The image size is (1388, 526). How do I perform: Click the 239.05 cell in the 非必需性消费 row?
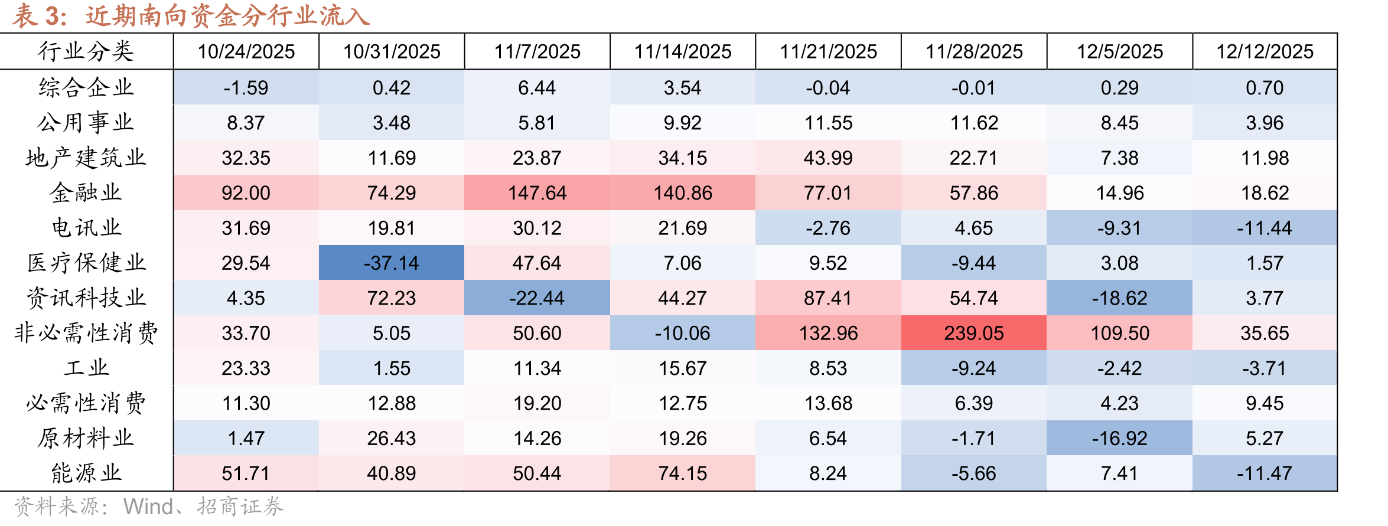click(974, 333)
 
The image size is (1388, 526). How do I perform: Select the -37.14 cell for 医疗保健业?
click(392, 263)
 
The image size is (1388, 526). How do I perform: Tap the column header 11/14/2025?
click(683, 51)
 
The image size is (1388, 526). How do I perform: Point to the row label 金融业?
click(86, 192)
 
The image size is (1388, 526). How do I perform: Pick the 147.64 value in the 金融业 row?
click(537, 192)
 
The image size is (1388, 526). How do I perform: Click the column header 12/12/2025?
click(1265, 51)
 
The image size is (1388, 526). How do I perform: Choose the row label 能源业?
click(86, 473)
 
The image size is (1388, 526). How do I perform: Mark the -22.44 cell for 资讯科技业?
click(537, 298)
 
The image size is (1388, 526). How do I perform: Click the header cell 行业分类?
click(86, 51)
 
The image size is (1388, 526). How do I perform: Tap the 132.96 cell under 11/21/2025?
click(828, 333)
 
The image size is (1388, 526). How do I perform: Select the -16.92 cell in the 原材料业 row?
click(1120, 438)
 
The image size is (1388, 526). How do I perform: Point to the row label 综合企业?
click(86, 87)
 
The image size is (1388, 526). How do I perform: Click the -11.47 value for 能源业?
click(1265, 473)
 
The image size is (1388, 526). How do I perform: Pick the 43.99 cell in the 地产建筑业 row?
click(828, 158)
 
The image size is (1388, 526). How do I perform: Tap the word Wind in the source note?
click(148, 507)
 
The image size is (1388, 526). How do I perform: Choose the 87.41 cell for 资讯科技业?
click(828, 298)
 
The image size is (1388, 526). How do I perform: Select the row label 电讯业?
click(86, 227)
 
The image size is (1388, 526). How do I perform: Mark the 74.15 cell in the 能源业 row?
click(683, 473)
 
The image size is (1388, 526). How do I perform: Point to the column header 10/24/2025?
click(246, 51)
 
